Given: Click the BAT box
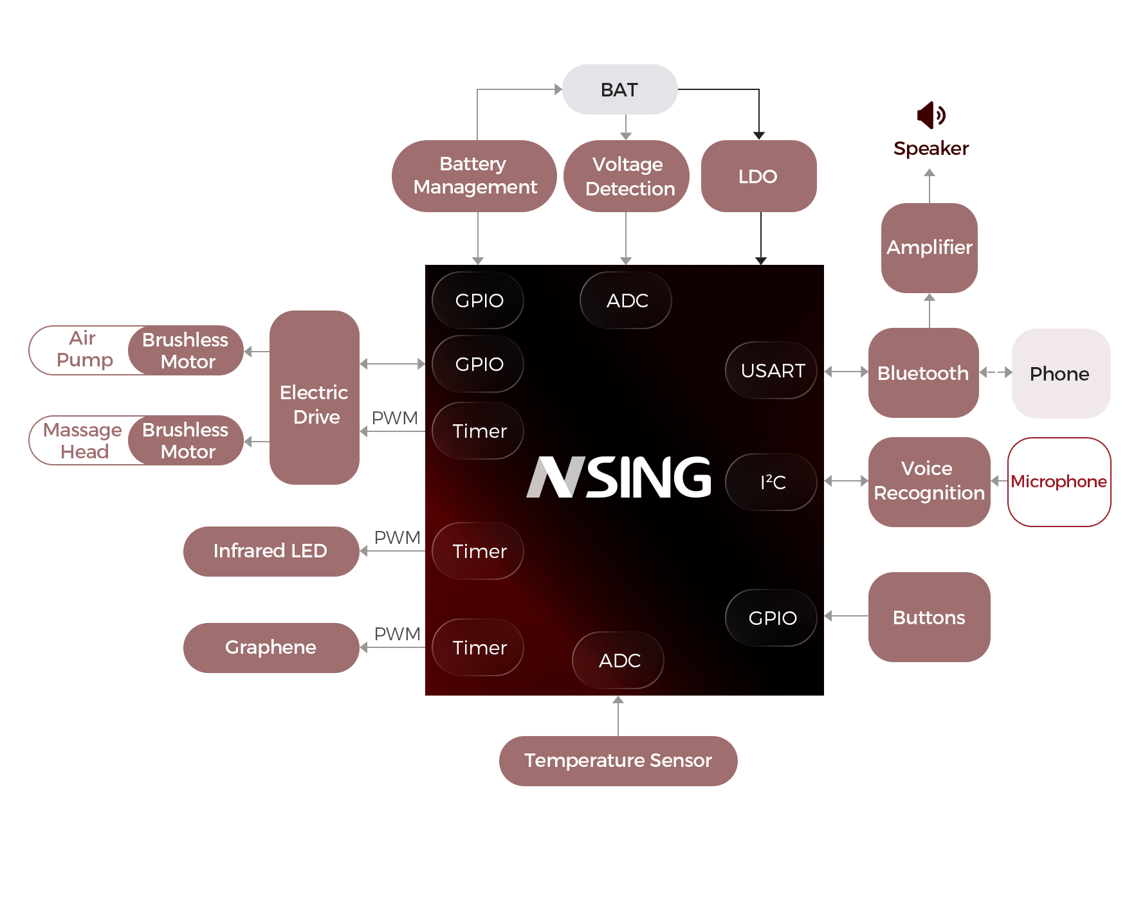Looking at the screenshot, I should [x=619, y=89].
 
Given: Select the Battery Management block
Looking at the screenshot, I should [x=474, y=175].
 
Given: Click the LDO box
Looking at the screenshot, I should [x=758, y=176].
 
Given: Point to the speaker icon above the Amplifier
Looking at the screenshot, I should [x=931, y=115].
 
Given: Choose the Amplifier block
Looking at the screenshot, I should [x=929, y=248].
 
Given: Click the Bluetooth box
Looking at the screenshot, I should [x=922, y=373].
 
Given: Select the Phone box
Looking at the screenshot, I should [x=1060, y=373].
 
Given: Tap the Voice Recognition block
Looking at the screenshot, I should [x=928, y=481].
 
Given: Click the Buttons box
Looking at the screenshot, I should [x=928, y=617].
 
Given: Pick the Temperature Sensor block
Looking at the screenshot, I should [x=618, y=760].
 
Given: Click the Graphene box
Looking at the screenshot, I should [x=270, y=647].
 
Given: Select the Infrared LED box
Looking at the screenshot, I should [x=270, y=551].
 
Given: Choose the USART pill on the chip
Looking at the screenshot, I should [x=771, y=371].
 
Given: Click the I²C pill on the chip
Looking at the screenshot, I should [x=771, y=482].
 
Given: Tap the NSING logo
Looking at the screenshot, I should [x=619, y=477].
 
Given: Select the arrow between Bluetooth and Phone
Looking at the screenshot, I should [x=995, y=372].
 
